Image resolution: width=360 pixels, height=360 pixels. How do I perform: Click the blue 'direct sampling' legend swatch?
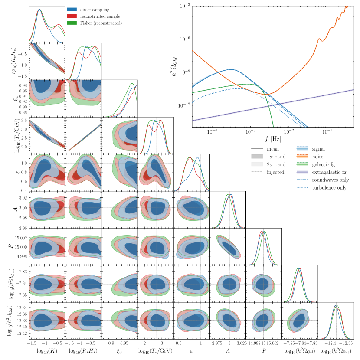point(72,9)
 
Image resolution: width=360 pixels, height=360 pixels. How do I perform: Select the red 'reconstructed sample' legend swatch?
point(72,16)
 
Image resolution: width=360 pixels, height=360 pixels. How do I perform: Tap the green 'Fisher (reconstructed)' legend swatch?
point(72,23)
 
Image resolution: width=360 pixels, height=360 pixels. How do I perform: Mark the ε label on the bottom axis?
point(191,350)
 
